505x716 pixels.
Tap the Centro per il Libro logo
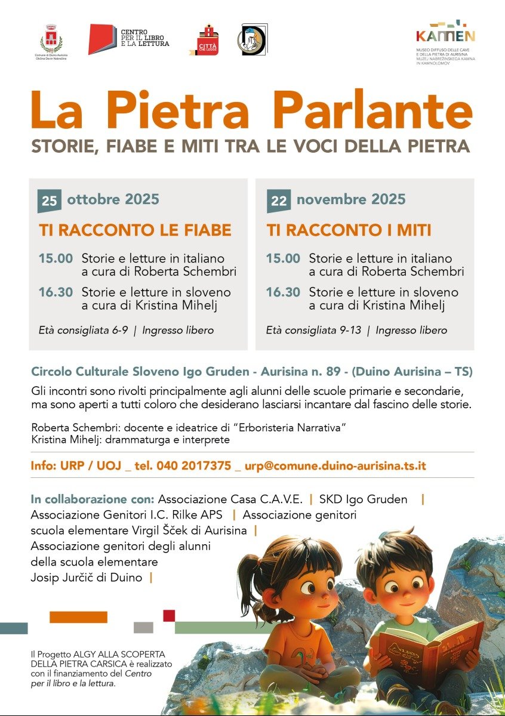point(128,39)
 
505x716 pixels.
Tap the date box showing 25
point(49,201)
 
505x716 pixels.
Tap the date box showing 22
point(279,201)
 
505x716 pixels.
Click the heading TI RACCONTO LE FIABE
point(135,230)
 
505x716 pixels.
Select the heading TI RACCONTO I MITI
point(349,230)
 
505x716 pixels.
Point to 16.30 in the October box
point(56,292)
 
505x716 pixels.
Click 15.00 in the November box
point(283,258)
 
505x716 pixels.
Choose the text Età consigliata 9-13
point(313,330)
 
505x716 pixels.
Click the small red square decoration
point(169,615)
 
